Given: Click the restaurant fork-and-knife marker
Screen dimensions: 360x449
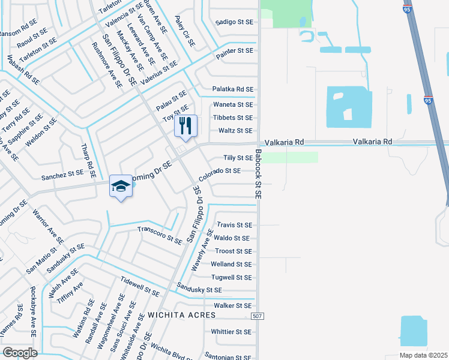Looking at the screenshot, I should click(185, 126).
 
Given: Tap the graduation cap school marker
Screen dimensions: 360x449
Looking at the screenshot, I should click(121, 187).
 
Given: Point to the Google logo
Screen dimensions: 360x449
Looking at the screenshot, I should click(19, 353).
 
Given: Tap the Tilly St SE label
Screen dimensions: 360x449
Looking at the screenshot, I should click(238, 158).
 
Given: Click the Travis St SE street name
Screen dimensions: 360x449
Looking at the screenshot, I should click(234, 225).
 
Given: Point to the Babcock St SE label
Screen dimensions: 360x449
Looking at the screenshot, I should click(258, 174).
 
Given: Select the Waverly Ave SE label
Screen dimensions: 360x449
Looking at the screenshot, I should click(202, 250).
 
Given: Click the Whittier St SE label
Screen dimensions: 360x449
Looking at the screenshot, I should click(231, 331).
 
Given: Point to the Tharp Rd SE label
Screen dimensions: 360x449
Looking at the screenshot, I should click(89, 160).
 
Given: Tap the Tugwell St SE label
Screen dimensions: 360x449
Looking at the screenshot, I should click(231, 277).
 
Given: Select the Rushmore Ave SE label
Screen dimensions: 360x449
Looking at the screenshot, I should click(107, 65).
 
